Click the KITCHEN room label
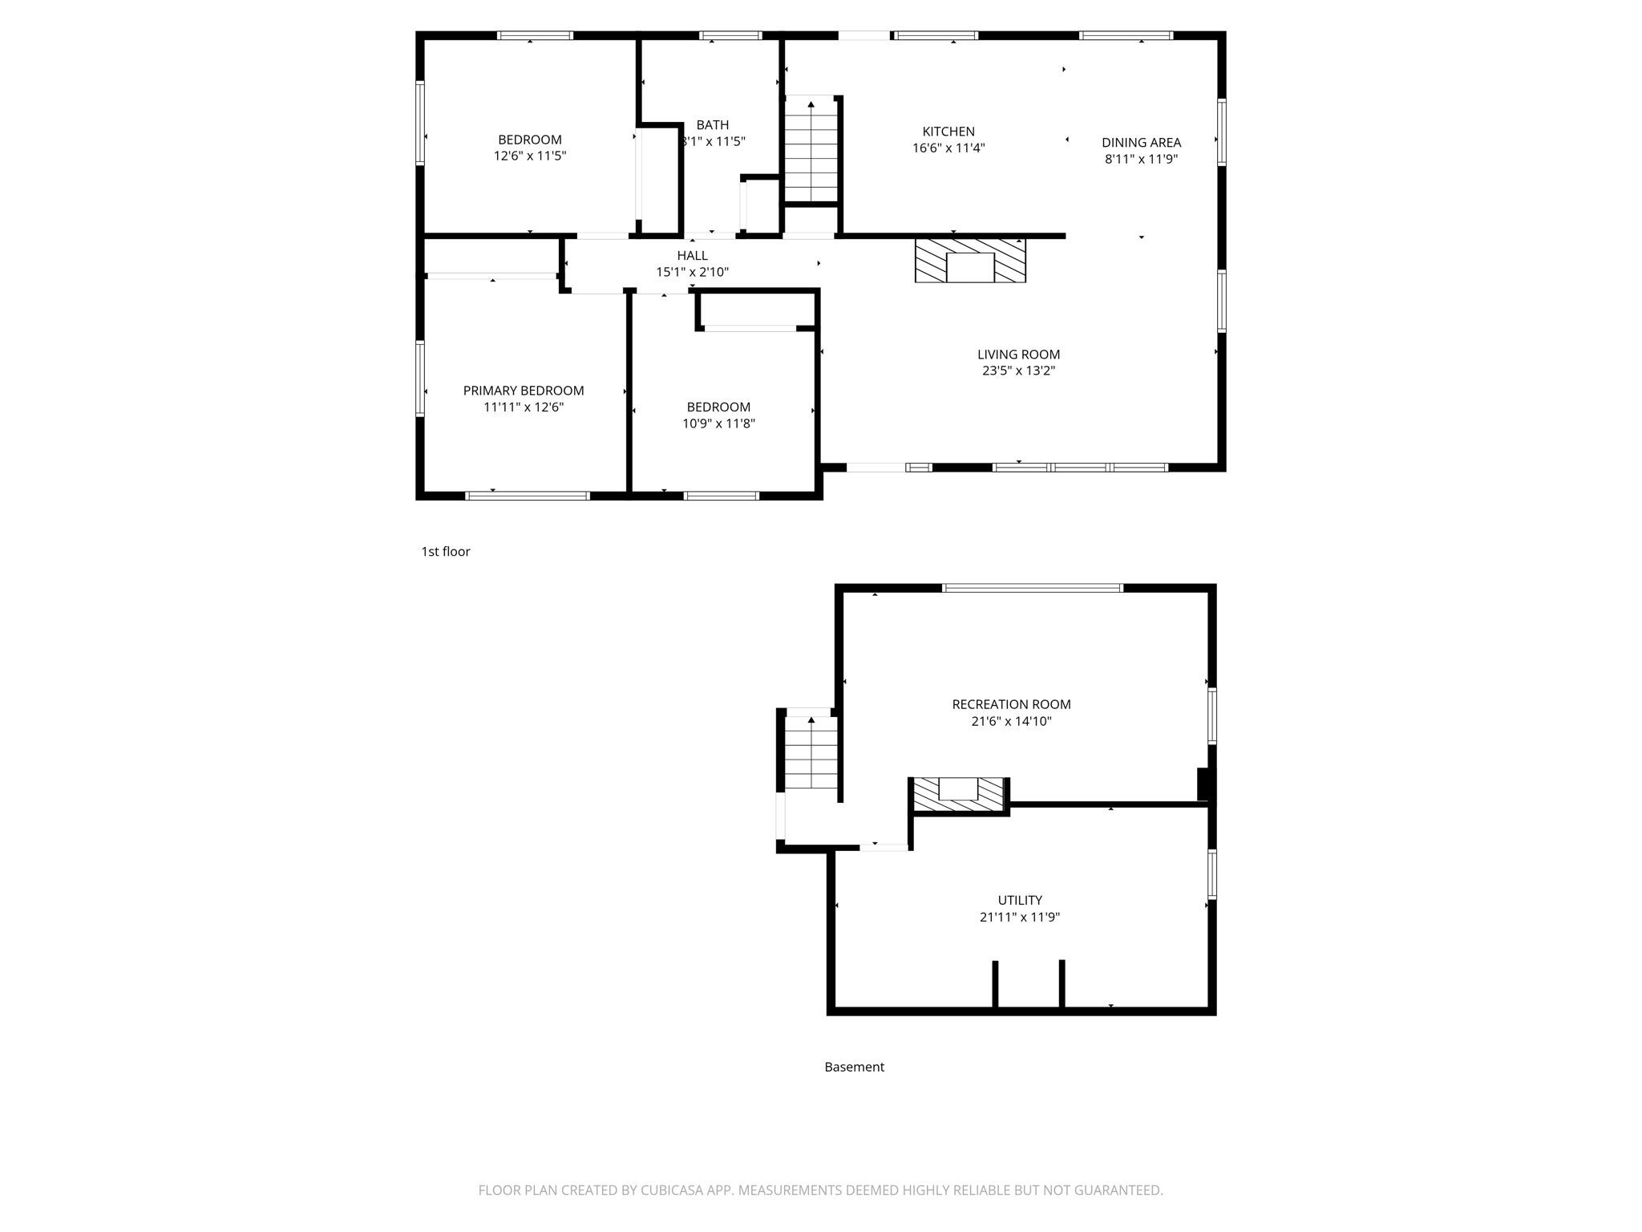[948, 132]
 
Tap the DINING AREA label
[1141, 143]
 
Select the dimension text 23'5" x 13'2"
[1018, 371]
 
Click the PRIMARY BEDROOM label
[524, 391]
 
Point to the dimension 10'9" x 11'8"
[718, 423]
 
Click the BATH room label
[712, 125]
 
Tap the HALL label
[692, 256]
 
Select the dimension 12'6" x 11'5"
[530, 156]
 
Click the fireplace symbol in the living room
[970, 261]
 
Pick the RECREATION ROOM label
[1011, 704]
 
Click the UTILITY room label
[1020, 900]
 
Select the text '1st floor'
[446, 552]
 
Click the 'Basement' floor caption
[854, 1067]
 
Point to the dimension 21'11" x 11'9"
[1020, 917]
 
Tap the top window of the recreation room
[1033, 588]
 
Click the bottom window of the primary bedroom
[528, 496]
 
